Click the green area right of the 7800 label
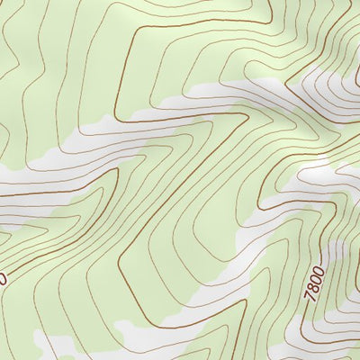pyautogui.click(x=346, y=297)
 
